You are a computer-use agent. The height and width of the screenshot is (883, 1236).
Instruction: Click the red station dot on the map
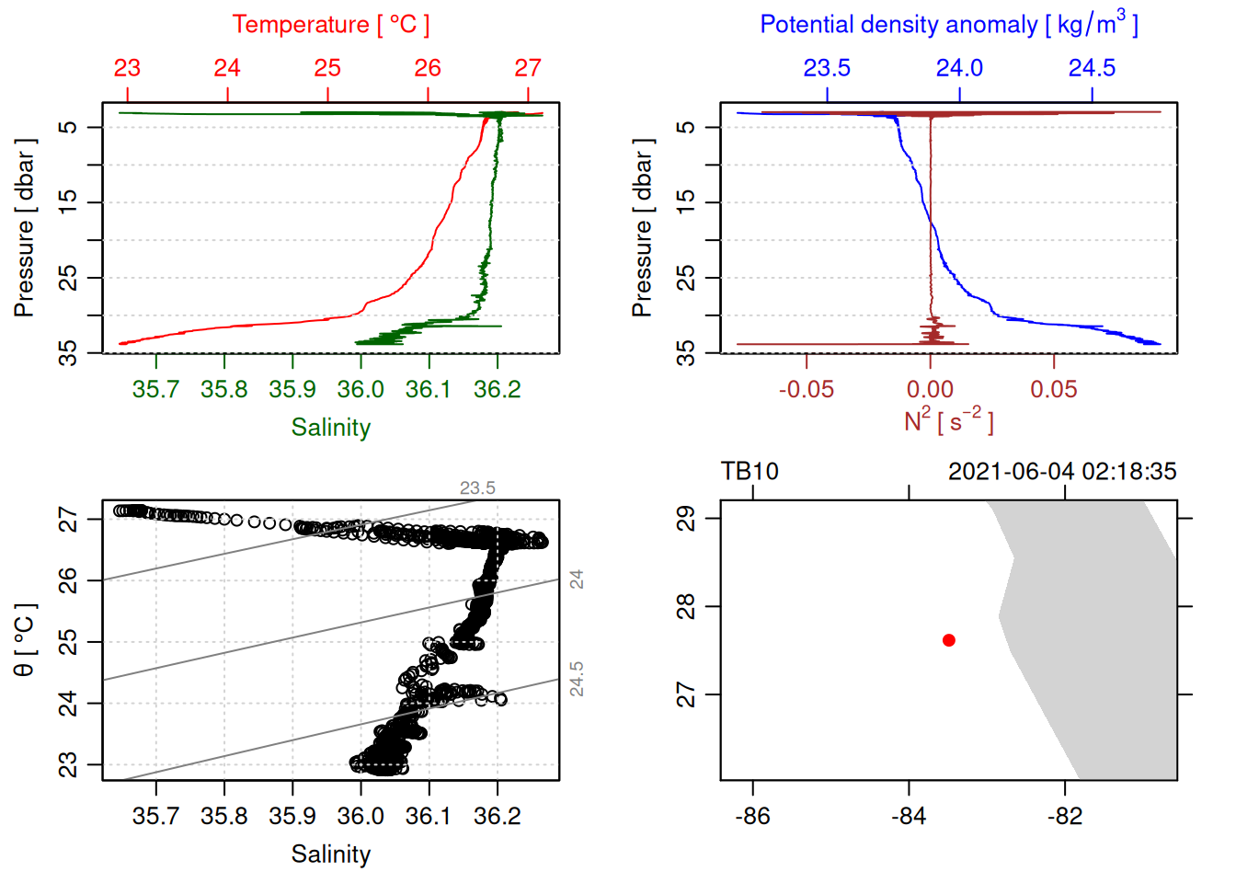coord(949,640)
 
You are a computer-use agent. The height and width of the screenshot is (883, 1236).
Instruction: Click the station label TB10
coord(750,472)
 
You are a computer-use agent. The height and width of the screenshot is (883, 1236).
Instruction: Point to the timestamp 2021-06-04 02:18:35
coord(1062,472)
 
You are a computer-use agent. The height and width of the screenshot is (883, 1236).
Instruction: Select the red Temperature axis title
coord(330,25)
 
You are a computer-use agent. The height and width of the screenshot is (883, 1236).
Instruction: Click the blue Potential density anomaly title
coord(948,25)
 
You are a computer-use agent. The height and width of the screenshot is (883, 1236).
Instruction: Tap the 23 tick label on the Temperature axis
coord(127,68)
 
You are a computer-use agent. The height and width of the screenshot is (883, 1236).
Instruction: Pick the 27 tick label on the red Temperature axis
coord(528,68)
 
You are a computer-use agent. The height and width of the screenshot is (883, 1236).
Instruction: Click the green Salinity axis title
coord(330,428)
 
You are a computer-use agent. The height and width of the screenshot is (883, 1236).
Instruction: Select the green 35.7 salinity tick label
coord(155,390)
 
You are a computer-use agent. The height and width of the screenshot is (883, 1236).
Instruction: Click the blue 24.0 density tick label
coord(959,68)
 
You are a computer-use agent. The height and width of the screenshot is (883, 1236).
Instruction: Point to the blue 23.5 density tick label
coord(827,68)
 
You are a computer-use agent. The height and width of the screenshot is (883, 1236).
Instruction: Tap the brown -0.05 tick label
coord(807,390)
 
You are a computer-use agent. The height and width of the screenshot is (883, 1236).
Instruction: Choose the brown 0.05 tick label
coord(1054,390)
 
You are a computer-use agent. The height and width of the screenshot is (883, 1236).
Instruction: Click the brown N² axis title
coord(948,421)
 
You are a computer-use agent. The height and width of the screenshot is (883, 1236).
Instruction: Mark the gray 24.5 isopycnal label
coord(577,679)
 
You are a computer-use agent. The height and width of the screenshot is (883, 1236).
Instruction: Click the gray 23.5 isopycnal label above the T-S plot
coord(477,488)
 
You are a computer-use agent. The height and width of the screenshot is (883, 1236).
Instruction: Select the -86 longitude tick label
coord(752,816)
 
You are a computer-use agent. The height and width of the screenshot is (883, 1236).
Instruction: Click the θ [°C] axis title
coord(25,640)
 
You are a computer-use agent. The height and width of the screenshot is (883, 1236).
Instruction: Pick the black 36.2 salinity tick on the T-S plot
coord(497,816)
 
